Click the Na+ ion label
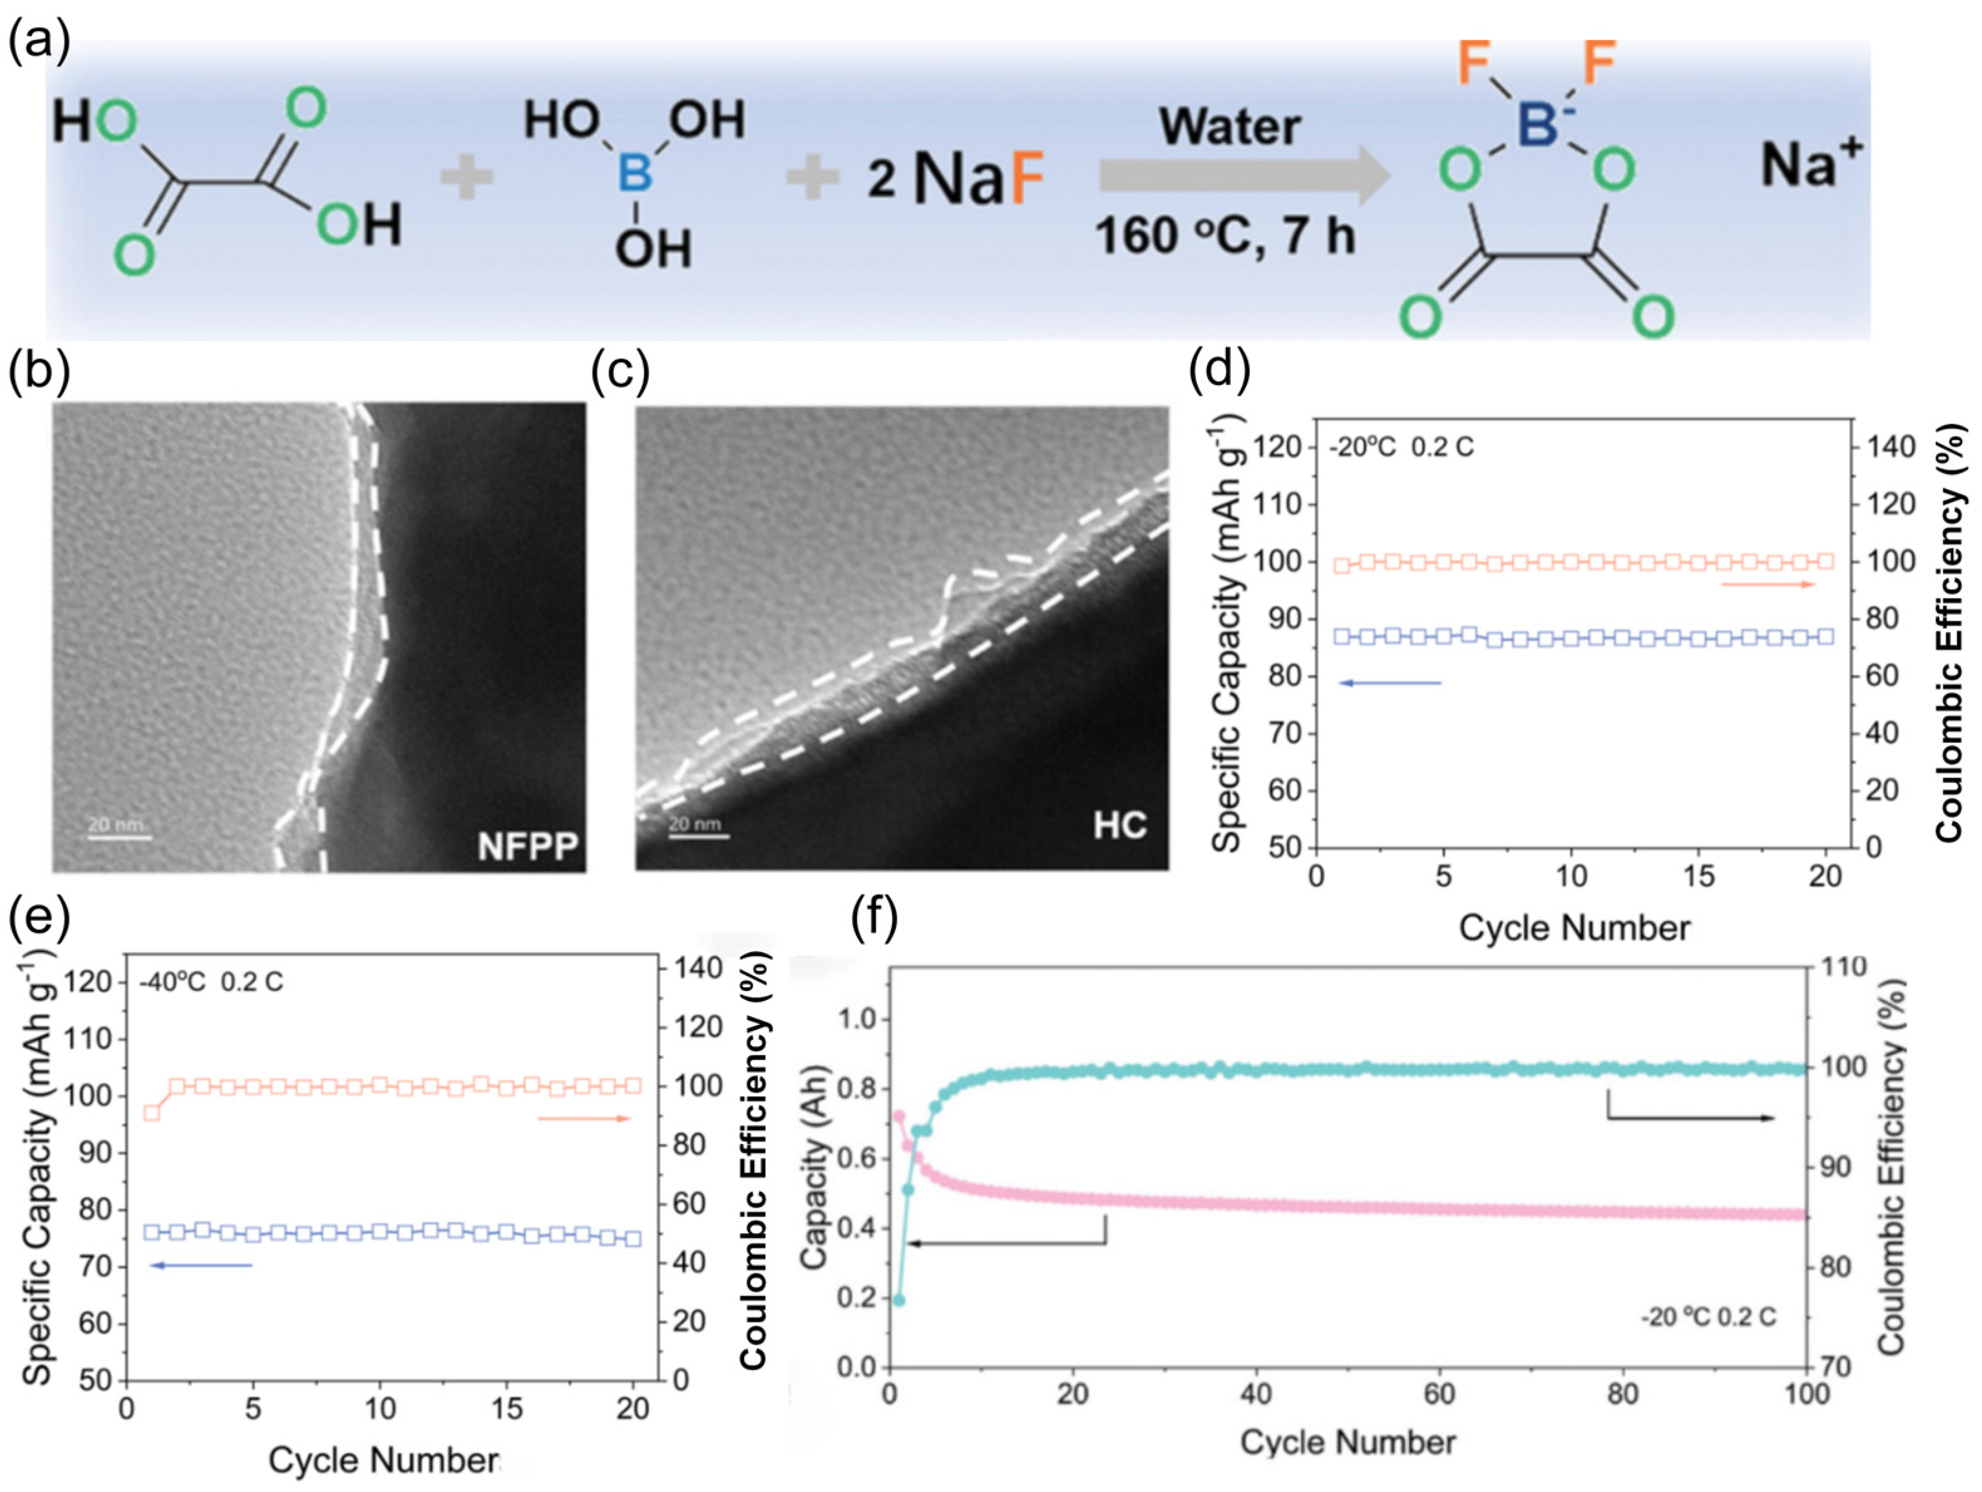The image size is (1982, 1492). (x=1811, y=165)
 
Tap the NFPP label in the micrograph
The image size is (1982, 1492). (x=528, y=846)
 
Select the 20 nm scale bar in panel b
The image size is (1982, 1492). (x=119, y=837)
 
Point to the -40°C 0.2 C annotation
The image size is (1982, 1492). (x=211, y=982)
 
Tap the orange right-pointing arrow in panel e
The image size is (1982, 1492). (x=584, y=1118)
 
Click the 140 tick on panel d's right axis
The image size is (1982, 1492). (x=1890, y=446)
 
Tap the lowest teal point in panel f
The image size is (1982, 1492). (x=899, y=1300)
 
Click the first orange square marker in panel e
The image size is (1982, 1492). (x=152, y=1113)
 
